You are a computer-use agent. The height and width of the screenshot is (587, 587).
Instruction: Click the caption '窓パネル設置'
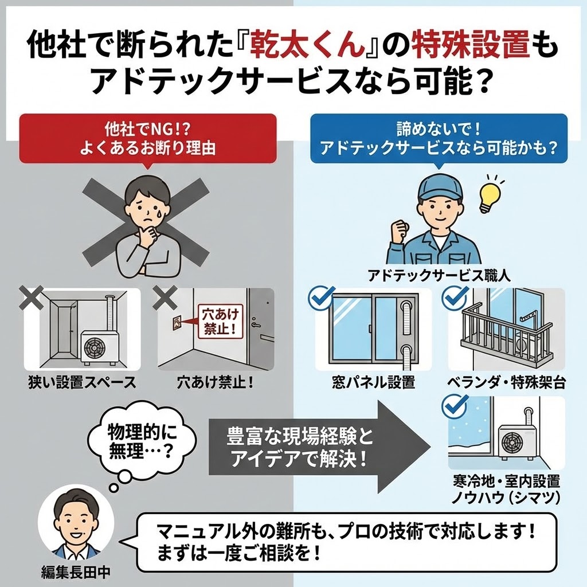point(373,382)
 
